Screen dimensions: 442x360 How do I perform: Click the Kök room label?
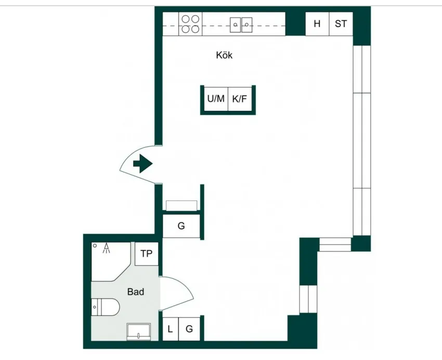(224, 55)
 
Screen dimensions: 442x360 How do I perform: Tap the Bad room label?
(136, 291)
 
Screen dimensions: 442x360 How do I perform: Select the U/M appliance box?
(216, 99)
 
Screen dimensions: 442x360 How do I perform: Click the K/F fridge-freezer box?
(240, 99)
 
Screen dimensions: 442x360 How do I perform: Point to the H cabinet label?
(317, 24)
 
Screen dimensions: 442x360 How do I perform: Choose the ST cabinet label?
(341, 24)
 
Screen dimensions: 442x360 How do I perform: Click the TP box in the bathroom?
(146, 254)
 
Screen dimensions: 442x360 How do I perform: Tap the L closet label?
(170, 329)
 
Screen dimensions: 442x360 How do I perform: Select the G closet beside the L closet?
(189, 329)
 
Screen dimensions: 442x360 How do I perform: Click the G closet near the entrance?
(181, 226)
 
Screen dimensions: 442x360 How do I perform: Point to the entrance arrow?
(142, 163)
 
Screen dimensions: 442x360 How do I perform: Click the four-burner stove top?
(190, 24)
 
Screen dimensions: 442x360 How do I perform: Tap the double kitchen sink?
(241, 25)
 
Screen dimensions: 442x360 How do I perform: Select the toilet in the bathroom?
(106, 307)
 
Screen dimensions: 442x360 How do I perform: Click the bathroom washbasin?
(138, 331)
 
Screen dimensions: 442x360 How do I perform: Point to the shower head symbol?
(106, 248)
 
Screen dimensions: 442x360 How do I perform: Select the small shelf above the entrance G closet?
(181, 205)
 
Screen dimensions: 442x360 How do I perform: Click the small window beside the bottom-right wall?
(308, 299)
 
